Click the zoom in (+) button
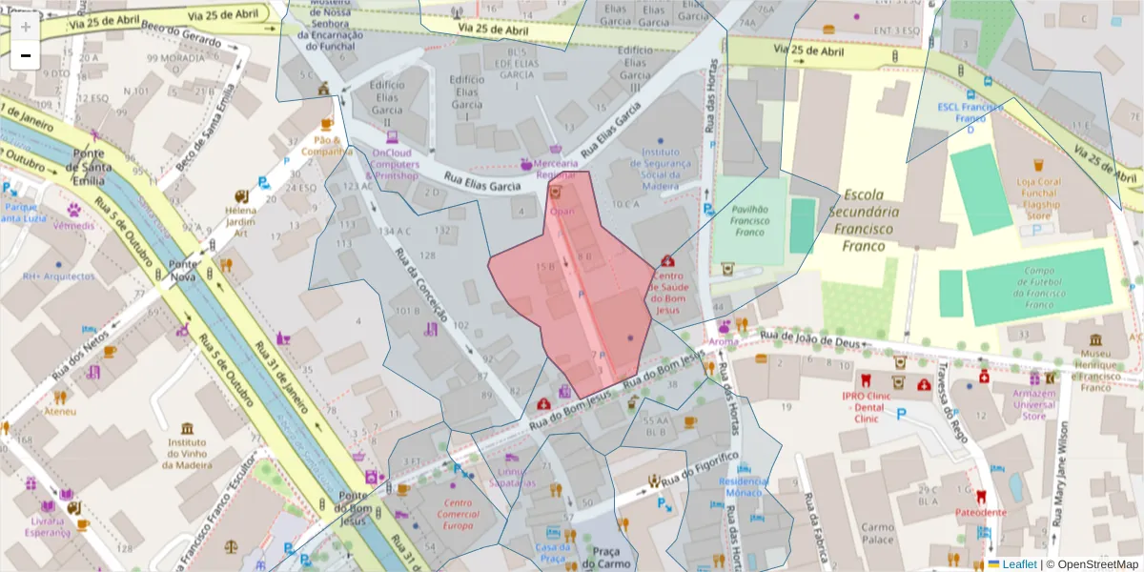26,27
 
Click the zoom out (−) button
26,55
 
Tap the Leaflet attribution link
1019,564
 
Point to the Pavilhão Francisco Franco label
749,218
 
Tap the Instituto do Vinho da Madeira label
187,449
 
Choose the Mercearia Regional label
556,169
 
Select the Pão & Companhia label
327,145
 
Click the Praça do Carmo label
606,559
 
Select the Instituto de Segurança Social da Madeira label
660,169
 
